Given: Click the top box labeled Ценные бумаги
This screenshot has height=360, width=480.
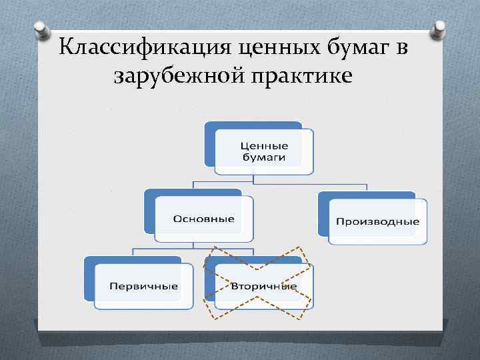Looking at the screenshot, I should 264,152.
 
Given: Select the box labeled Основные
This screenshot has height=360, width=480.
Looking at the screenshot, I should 203,219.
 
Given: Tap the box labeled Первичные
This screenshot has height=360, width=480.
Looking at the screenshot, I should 143,286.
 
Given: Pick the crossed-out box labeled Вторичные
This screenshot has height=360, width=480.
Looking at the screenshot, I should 263,286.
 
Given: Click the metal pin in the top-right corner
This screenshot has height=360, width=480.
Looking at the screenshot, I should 440,29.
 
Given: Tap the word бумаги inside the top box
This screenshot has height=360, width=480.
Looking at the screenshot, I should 264,158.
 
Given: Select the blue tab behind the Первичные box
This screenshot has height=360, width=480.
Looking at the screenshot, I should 89,277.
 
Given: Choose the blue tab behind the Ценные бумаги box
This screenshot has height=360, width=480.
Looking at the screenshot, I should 209,142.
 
